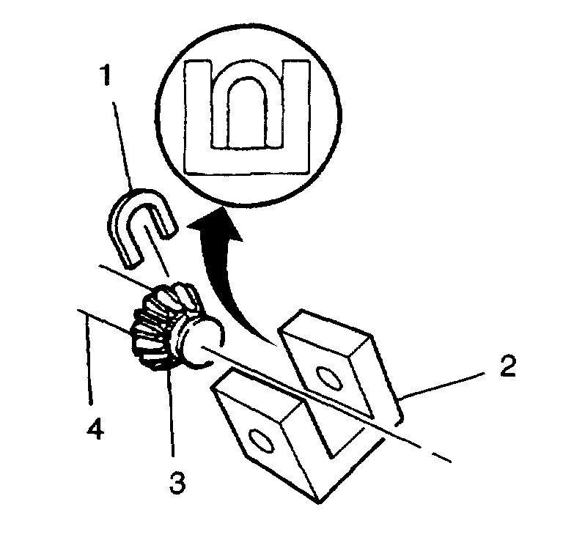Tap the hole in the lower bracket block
[260, 441]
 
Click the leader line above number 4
[89, 359]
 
